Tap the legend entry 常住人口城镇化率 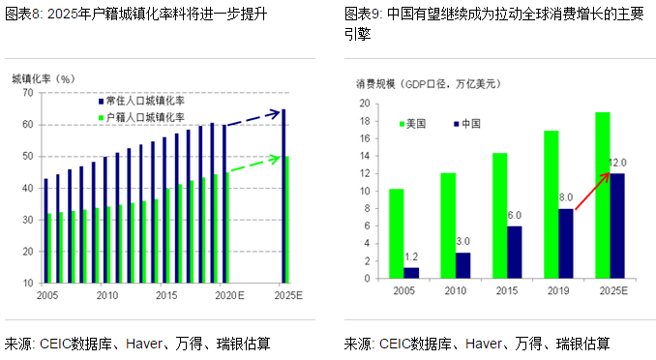click(145, 101)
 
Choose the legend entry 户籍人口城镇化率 click(145, 116)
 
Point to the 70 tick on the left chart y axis click(28, 93)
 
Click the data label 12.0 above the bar click(617, 163)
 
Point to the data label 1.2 click(410, 257)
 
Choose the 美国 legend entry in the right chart click(413, 123)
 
